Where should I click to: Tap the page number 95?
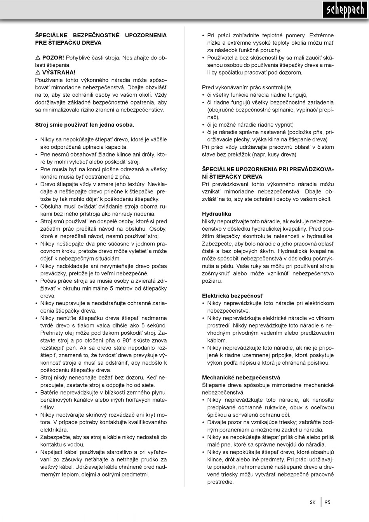[x=327, y=502]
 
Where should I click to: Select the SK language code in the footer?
[x=313, y=502]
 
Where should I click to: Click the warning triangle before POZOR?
[x=38, y=57]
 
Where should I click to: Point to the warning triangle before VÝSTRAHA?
[x=38, y=72]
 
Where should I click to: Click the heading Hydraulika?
[x=216, y=214]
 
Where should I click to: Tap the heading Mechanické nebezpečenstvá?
[x=241, y=377]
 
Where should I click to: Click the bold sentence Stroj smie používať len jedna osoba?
[x=85, y=125]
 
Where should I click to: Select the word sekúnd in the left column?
[x=157, y=325]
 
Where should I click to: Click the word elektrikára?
[x=54, y=430]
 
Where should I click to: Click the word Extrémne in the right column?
[x=321, y=35]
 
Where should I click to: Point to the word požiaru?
[x=212, y=281]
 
